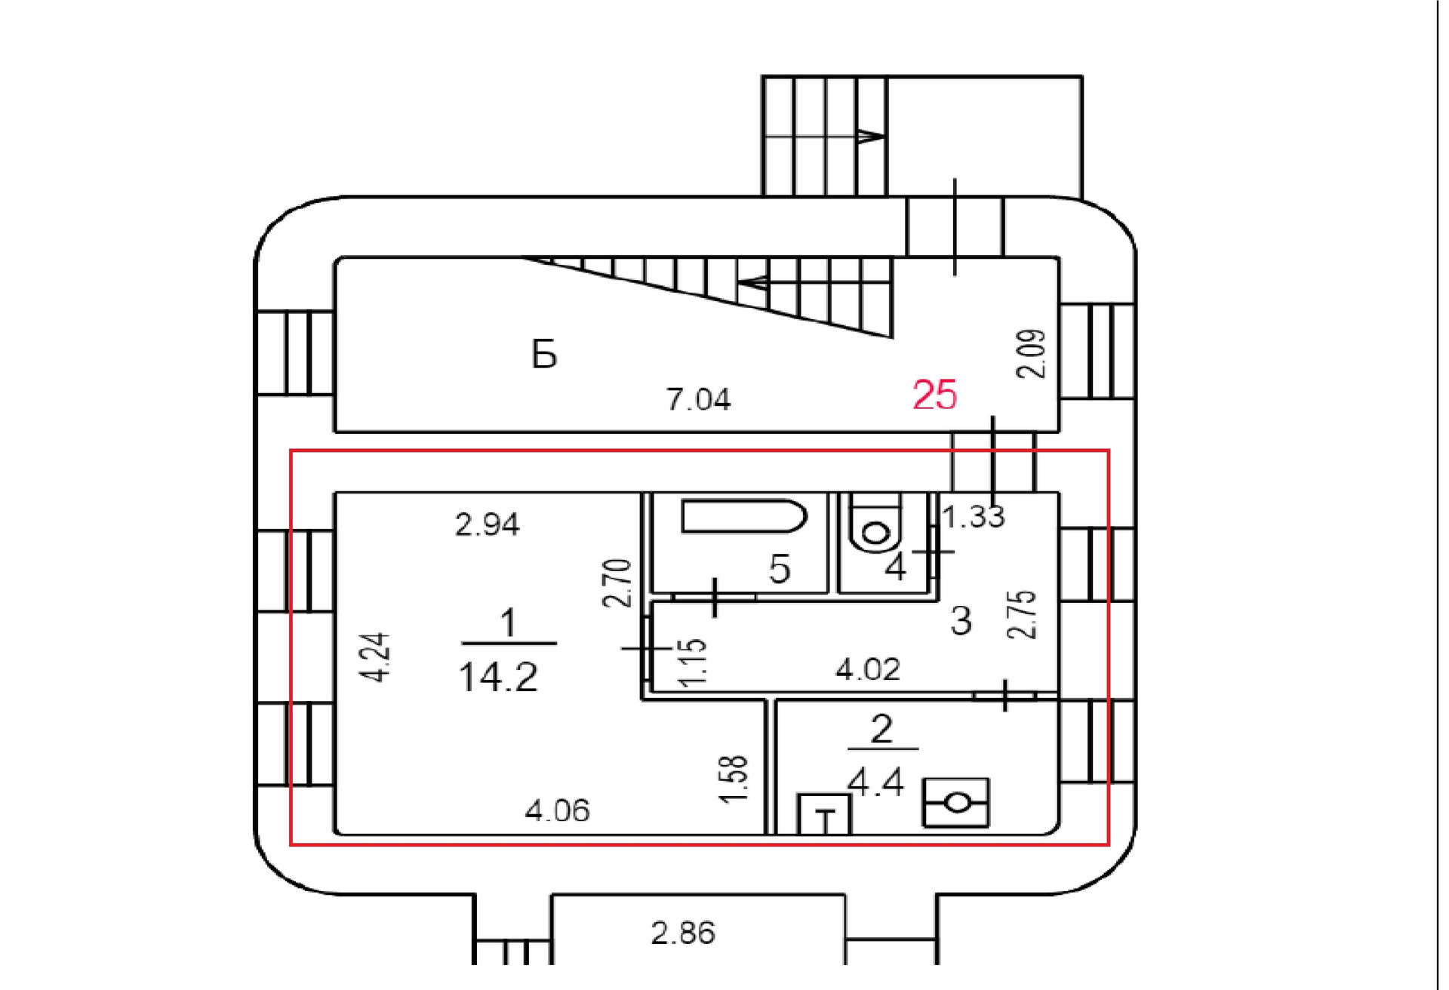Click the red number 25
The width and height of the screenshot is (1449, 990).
point(934,395)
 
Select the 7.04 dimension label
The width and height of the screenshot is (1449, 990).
point(698,399)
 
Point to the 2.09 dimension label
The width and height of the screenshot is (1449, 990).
point(1032,353)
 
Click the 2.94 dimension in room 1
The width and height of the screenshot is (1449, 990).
point(487,524)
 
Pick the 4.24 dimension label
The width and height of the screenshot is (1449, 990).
point(375,657)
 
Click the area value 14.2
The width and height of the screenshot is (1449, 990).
point(498,677)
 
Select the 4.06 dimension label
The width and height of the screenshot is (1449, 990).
point(557,811)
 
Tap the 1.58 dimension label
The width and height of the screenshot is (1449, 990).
point(734,779)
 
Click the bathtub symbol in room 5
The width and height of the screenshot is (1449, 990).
point(743,516)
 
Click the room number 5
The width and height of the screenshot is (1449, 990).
point(780,568)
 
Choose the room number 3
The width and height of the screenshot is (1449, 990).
point(961,621)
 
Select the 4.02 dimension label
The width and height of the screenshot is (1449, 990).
point(867,669)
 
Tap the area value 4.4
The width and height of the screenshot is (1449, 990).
point(875,782)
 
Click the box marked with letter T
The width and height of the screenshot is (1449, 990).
point(825,814)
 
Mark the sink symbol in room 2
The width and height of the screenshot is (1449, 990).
point(955,803)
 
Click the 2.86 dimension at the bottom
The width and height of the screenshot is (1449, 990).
point(682,933)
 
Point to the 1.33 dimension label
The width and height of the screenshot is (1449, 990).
point(974,517)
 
